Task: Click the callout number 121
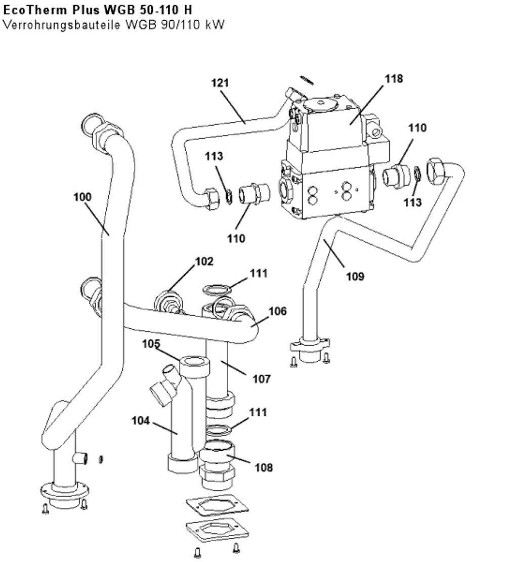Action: click(220, 83)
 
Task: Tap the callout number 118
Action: click(394, 78)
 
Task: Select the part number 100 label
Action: click(82, 197)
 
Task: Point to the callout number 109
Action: click(355, 276)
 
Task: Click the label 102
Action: click(204, 262)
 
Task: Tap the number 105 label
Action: click(151, 343)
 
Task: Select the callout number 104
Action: click(141, 420)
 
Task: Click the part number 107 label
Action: click(262, 379)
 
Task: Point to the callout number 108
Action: click(264, 467)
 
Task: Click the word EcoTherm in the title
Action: click(35, 11)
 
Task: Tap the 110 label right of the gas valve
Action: click(417, 128)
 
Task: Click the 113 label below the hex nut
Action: click(412, 202)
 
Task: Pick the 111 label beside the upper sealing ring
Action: click(259, 273)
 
